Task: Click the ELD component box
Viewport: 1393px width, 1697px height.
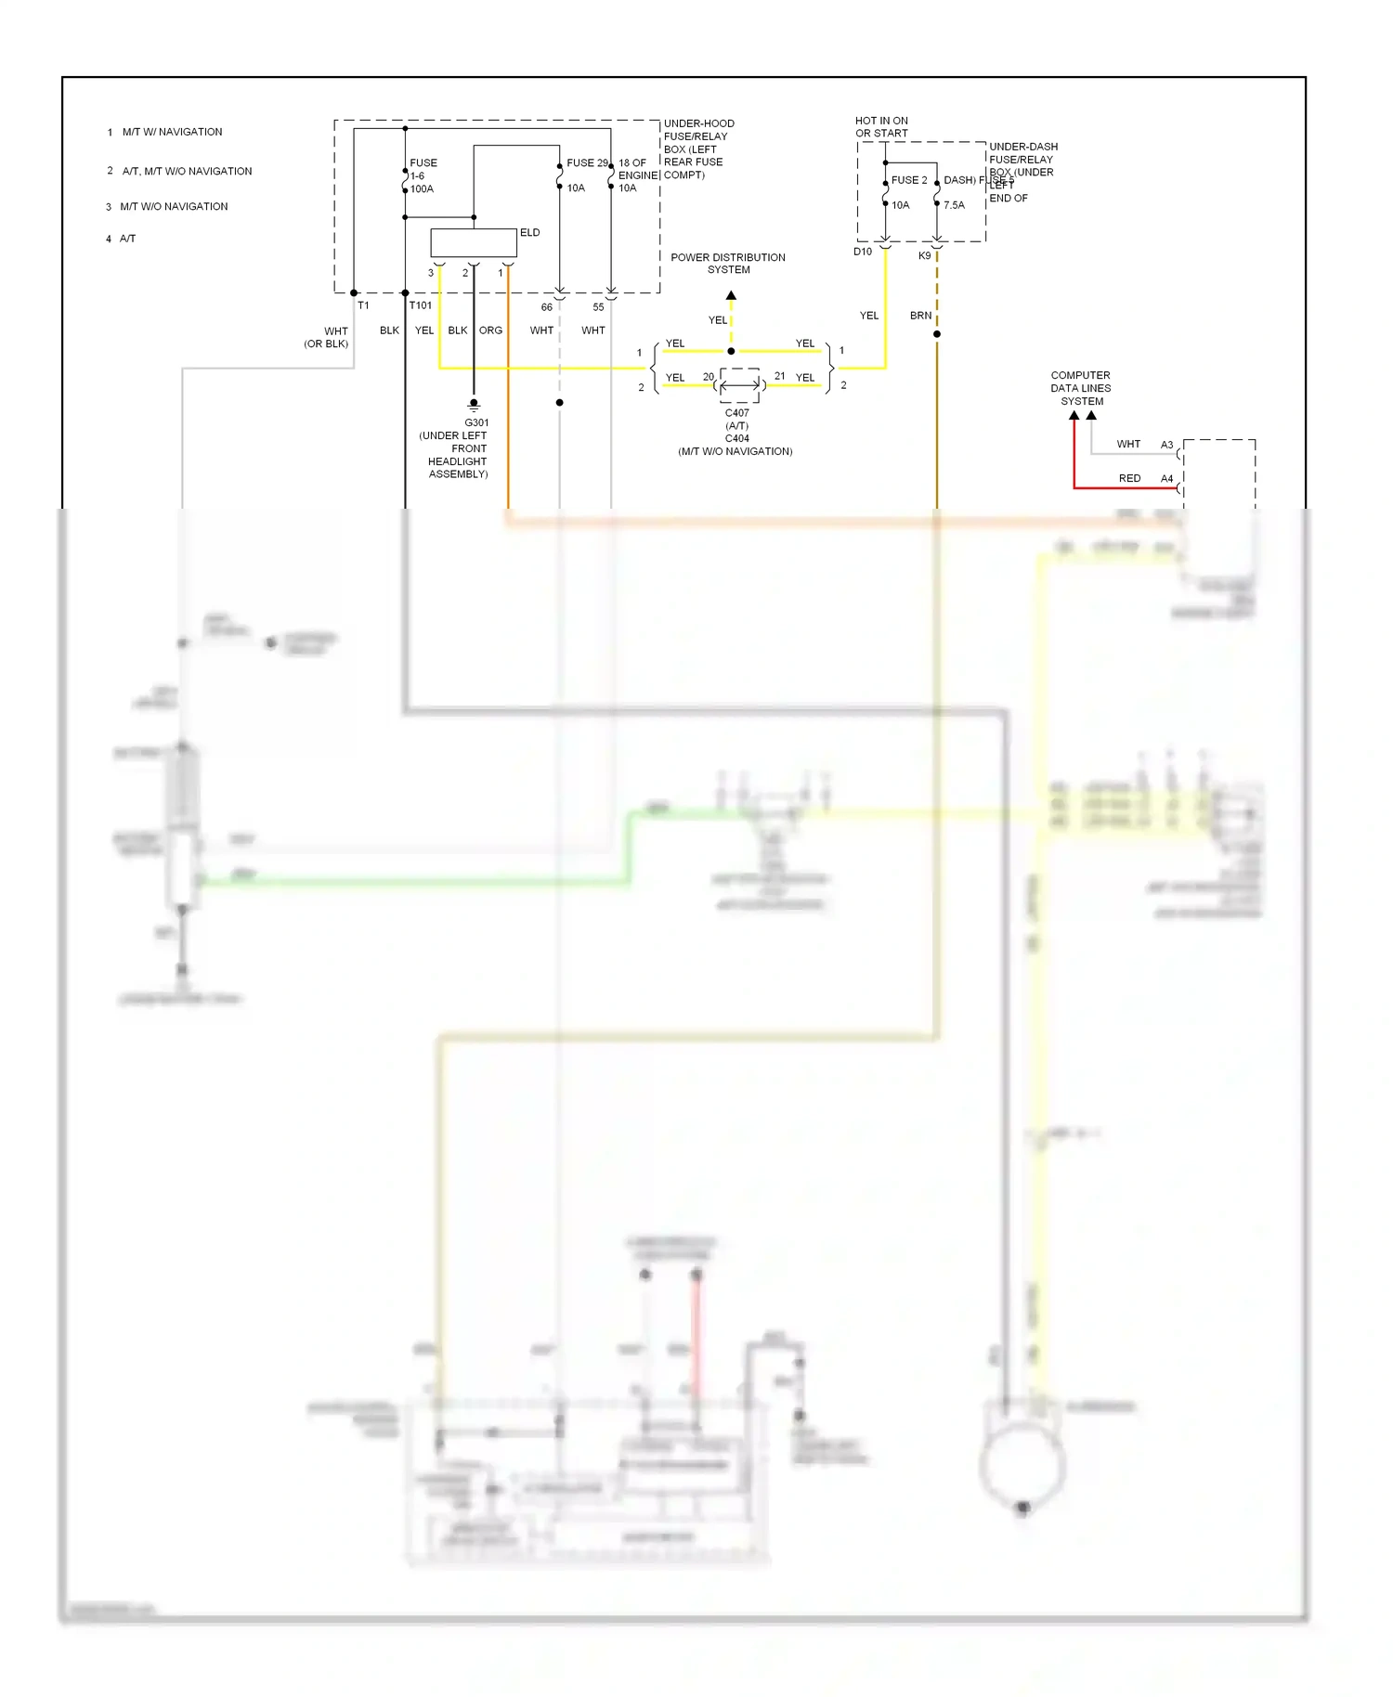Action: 473,242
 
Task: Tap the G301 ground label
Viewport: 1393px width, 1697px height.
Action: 476,422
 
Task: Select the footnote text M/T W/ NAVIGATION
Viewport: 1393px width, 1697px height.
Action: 172,132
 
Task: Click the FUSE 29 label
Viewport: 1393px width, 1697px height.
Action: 587,162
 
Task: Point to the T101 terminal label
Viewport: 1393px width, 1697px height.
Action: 421,305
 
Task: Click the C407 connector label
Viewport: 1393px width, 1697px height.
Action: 736,413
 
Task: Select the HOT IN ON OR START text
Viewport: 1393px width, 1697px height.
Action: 881,127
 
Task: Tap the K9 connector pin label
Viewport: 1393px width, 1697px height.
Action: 924,256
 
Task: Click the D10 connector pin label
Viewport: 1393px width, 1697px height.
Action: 863,253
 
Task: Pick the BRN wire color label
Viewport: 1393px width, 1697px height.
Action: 920,316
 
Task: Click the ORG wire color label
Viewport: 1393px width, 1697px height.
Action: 490,330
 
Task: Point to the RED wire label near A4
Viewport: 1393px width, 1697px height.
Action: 1129,478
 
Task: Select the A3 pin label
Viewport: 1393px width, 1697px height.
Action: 1166,445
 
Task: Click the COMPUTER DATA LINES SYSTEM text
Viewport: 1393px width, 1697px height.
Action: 1081,388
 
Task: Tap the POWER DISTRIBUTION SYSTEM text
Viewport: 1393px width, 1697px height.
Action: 728,264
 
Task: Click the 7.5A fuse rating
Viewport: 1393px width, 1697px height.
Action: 954,205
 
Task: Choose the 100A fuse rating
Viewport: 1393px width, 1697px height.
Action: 422,188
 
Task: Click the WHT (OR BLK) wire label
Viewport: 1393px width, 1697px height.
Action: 327,337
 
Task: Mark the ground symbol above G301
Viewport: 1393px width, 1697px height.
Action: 474,406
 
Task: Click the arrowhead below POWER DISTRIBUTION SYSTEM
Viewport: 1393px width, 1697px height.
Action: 731,295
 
